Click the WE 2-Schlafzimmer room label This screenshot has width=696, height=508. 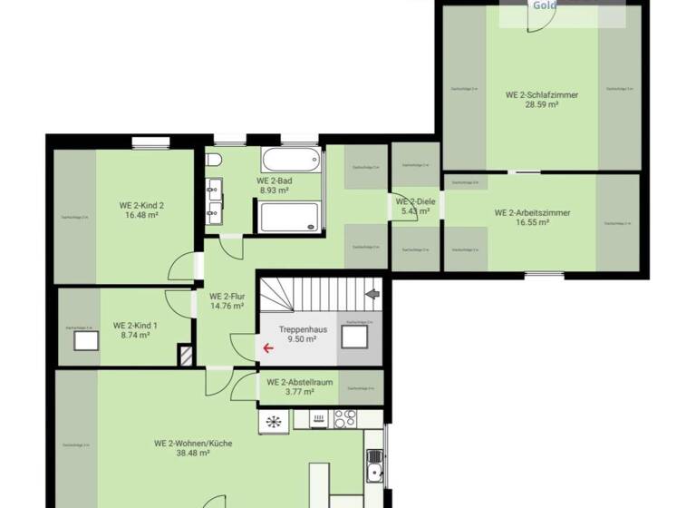point(542,94)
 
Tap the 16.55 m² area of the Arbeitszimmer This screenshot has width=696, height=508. point(532,222)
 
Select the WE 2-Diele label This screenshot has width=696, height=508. point(411,200)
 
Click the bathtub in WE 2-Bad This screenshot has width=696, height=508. point(290,161)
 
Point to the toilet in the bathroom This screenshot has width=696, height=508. point(213,161)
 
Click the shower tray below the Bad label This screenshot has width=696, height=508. point(289,218)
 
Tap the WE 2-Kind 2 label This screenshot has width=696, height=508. point(141,205)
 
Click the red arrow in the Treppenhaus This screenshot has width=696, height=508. point(268,347)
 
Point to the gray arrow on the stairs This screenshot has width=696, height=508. point(371,295)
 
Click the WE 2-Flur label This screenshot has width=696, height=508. point(227,296)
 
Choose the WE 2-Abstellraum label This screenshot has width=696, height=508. point(299,382)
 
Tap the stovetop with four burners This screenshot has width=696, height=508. point(344,418)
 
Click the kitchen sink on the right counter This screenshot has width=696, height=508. point(374,473)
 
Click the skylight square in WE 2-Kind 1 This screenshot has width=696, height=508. point(87,339)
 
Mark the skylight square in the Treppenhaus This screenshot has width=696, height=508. point(354,337)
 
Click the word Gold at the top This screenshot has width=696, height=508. point(545,5)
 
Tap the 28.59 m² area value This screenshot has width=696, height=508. point(542,105)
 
